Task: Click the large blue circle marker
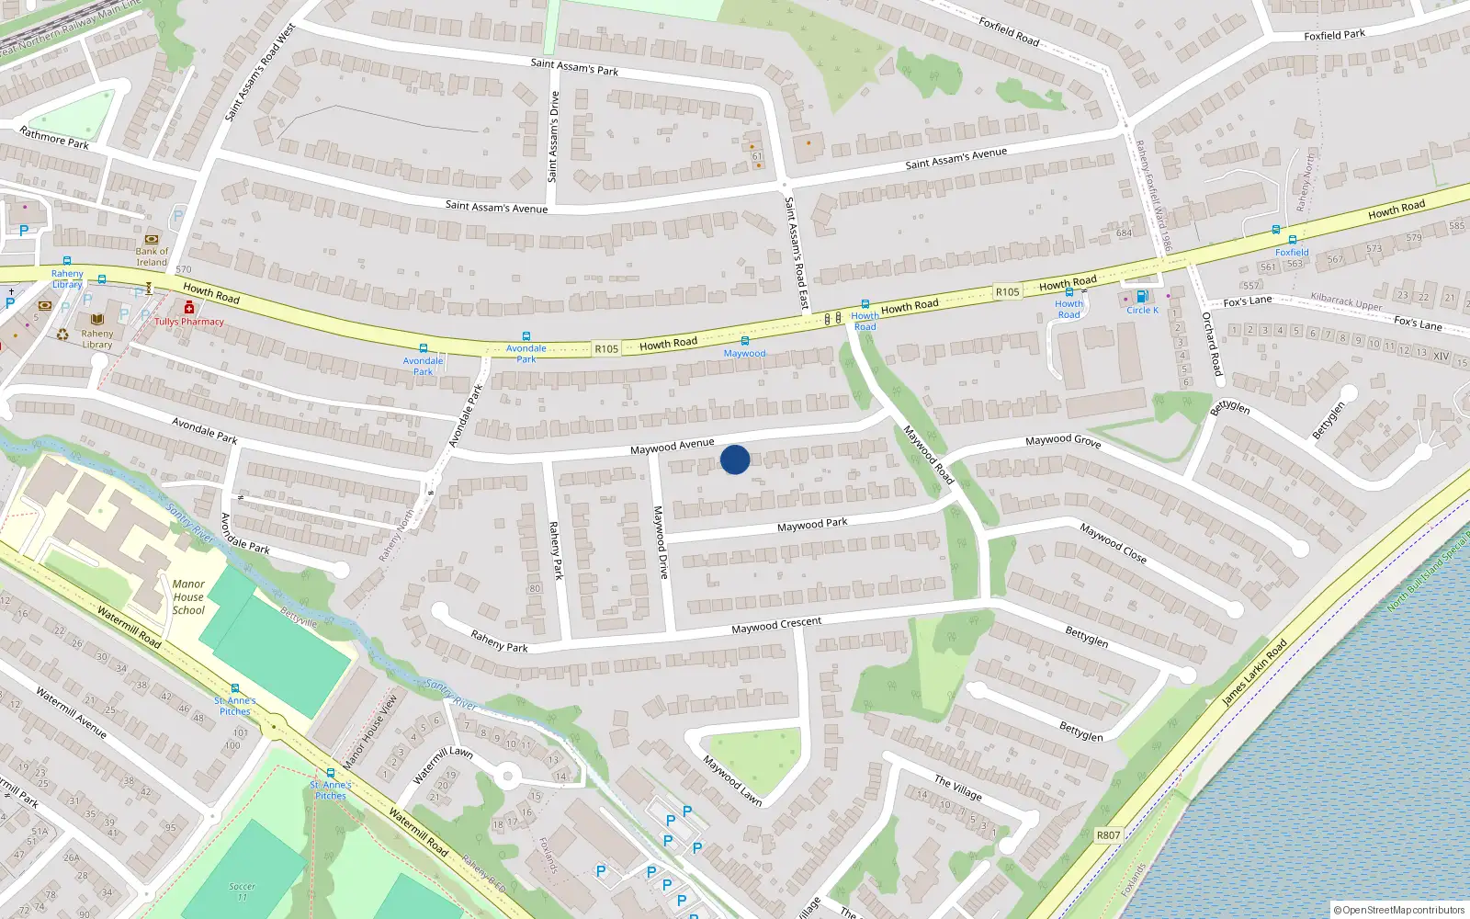coord(735,459)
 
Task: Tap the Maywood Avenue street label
coord(672,446)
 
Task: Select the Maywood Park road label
coord(812,524)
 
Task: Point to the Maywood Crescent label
coord(776,625)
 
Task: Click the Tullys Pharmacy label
coord(189,322)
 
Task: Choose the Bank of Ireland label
coord(152,256)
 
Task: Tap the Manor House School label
coord(188,596)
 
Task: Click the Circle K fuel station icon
coord(1141,296)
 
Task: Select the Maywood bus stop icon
coord(744,341)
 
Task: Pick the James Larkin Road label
coord(1254,673)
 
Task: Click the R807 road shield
coord(1108,835)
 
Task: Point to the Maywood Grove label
coord(1063,441)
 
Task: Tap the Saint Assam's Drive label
coord(553,137)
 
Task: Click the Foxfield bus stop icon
coord(1292,240)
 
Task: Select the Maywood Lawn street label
coord(732,780)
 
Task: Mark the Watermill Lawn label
coord(443,765)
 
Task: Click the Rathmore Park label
coord(54,138)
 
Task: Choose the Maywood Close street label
coord(1113,542)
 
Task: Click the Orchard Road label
coord(1213,344)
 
